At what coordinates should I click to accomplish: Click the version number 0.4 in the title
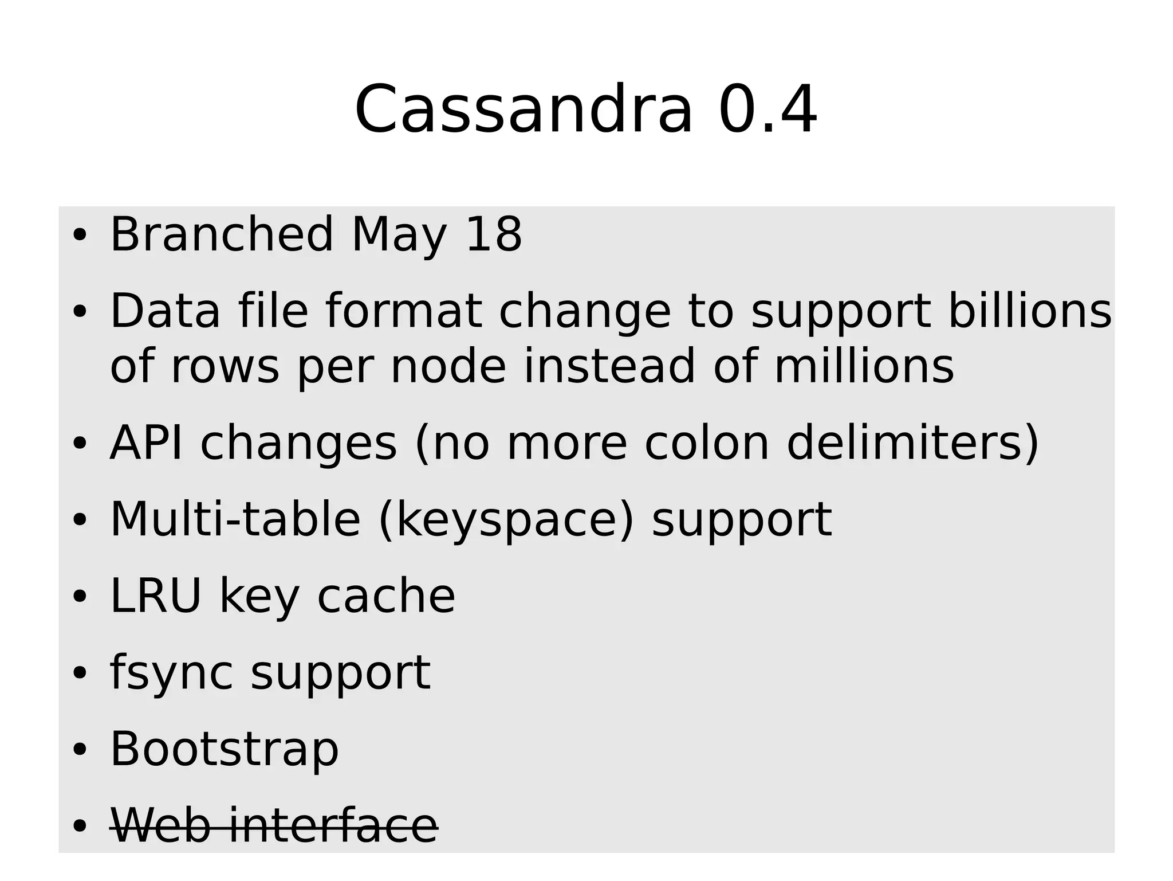pos(767,109)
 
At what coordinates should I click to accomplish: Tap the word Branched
pos(221,234)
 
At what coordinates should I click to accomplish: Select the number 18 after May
pos(494,234)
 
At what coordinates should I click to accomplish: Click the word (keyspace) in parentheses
pos(506,520)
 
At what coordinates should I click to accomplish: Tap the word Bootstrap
pos(224,749)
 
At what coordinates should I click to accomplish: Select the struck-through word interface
pos(333,826)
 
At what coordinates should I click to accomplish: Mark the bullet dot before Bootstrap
pos(79,750)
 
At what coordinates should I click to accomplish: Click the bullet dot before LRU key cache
pos(79,597)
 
